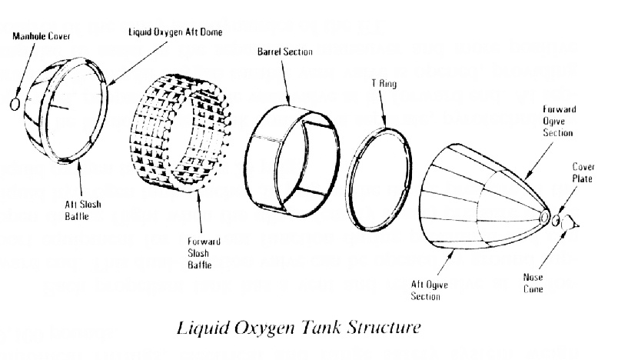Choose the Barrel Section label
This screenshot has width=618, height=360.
coord(285,52)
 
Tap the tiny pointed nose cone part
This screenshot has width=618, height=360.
coord(573,225)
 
